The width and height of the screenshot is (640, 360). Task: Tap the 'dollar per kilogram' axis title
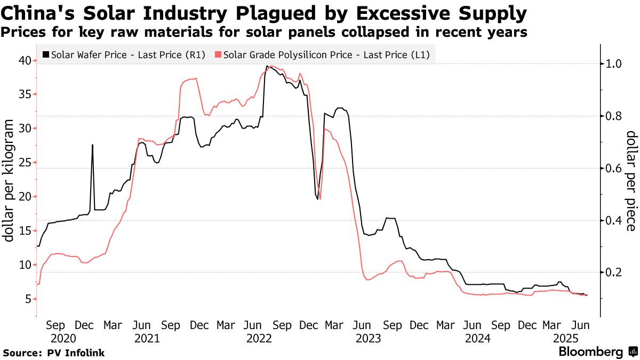coord(10,180)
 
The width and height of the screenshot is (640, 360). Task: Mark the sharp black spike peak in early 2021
coord(92,145)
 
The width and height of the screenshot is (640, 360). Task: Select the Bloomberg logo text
coord(590,352)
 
